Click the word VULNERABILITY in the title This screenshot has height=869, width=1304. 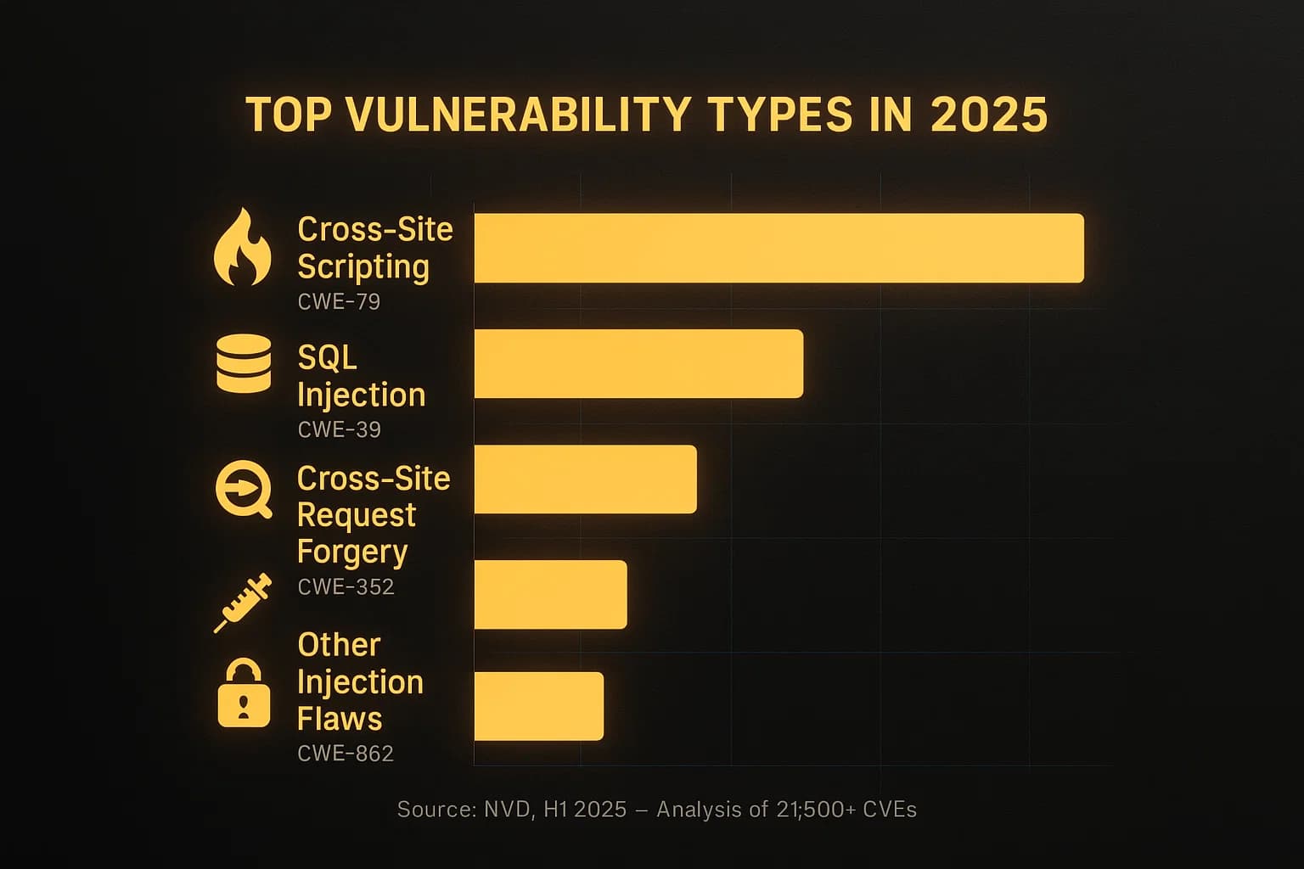tap(519, 115)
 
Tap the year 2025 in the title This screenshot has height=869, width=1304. tap(989, 115)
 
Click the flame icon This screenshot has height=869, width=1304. tap(243, 247)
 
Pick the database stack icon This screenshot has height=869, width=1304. tap(244, 363)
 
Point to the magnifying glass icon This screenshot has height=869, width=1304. tap(244, 490)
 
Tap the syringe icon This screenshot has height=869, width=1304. tap(243, 603)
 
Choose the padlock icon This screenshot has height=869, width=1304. tap(244, 694)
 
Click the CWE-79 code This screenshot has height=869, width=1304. tap(339, 302)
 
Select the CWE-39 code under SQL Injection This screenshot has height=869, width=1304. tap(339, 430)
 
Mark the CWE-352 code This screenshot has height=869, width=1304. tap(346, 587)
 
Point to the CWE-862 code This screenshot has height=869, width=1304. tap(346, 754)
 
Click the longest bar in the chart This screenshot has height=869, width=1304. tap(778, 248)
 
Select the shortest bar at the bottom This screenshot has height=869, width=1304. tap(538, 706)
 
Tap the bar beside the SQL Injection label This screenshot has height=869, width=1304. tap(638, 363)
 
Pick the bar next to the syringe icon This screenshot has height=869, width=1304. tap(550, 594)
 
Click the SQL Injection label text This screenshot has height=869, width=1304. tap(361, 376)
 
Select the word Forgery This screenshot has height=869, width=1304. tap(352, 552)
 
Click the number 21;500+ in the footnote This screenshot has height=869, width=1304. tap(816, 810)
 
